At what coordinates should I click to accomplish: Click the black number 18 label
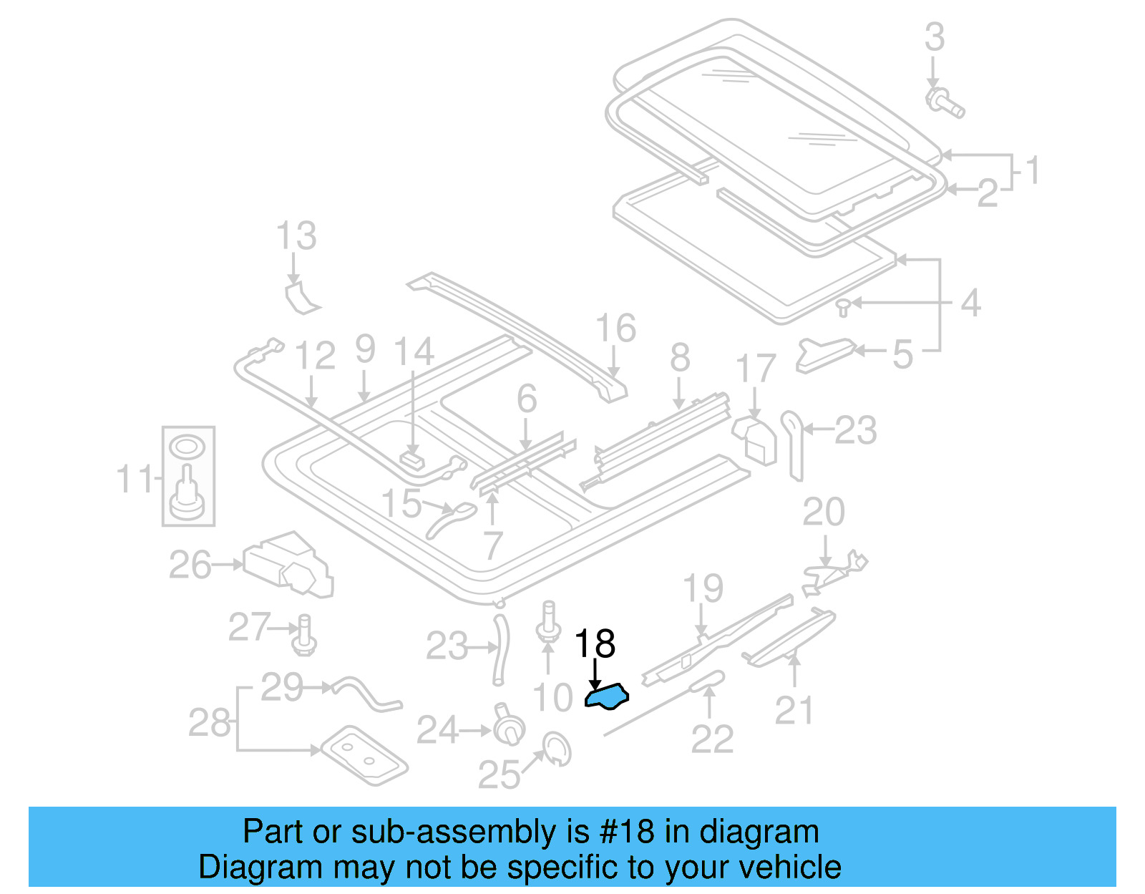click(595, 644)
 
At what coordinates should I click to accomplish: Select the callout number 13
click(296, 235)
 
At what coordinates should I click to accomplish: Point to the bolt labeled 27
click(304, 635)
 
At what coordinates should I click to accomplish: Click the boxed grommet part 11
click(188, 476)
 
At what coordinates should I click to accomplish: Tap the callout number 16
click(615, 328)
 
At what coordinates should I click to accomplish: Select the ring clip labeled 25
click(557, 748)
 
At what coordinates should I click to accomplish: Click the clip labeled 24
click(508, 727)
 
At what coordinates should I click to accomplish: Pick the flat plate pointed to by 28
click(364, 755)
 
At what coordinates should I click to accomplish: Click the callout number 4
click(970, 303)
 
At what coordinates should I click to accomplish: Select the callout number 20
click(824, 512)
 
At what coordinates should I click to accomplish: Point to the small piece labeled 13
click(301, 298)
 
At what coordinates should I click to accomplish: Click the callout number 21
click(794, 710)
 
